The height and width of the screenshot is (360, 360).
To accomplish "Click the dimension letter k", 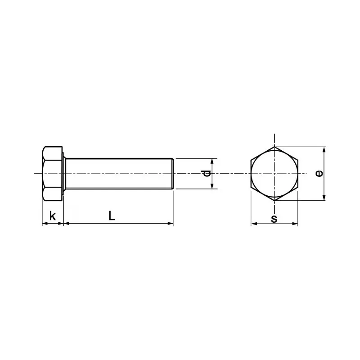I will pyautogui.click(x=53, y=216).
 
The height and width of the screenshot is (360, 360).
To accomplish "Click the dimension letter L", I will pyautogui.click(x=112, y=216).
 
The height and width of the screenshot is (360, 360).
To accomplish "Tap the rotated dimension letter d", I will pyautogui.click(x=206, y=174).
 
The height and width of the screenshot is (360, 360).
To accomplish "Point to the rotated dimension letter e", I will pyautogui.click(x=319, y=173).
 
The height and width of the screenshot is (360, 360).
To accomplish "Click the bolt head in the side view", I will pyautogui.click(x=53, y=173).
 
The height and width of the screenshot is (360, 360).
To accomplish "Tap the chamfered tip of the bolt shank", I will pyautogui.click(x=172, y=173).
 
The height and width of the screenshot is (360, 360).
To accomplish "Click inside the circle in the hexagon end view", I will pyautogui.click(x=274, y=173).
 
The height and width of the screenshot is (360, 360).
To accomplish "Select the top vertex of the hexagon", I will pyautogui.click(x=274, y=147).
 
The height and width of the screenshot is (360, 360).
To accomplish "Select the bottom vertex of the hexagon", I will pyautogui.click(x=274, y=200).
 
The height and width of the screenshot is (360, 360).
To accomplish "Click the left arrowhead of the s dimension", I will pyautogui.click(x=253, y=223).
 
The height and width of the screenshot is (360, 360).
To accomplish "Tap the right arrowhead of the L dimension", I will pyautogui.click(x=171, y=223).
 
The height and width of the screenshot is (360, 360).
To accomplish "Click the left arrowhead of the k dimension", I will pyautogui.click(x=44, y=223).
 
